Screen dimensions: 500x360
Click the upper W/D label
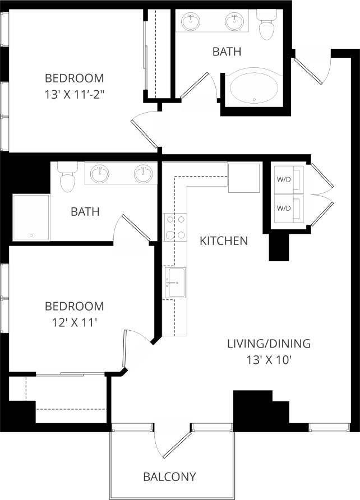[284, 180]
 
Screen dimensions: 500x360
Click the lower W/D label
[284, 208]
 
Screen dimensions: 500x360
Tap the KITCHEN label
[224, 241]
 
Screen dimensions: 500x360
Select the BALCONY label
[169, 477]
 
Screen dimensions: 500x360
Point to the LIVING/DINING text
[269, 344]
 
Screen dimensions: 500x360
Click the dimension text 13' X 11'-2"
[75, 94]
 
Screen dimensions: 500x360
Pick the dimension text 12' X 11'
[74, 322]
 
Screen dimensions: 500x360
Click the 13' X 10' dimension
[269, 360]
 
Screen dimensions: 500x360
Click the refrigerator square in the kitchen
[244, 178]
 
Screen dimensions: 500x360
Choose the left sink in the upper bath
[191, 22]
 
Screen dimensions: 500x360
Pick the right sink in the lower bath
[143, 174]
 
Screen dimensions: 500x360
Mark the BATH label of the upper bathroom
[227, 52]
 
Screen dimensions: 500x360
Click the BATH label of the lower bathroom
[85, 212]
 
